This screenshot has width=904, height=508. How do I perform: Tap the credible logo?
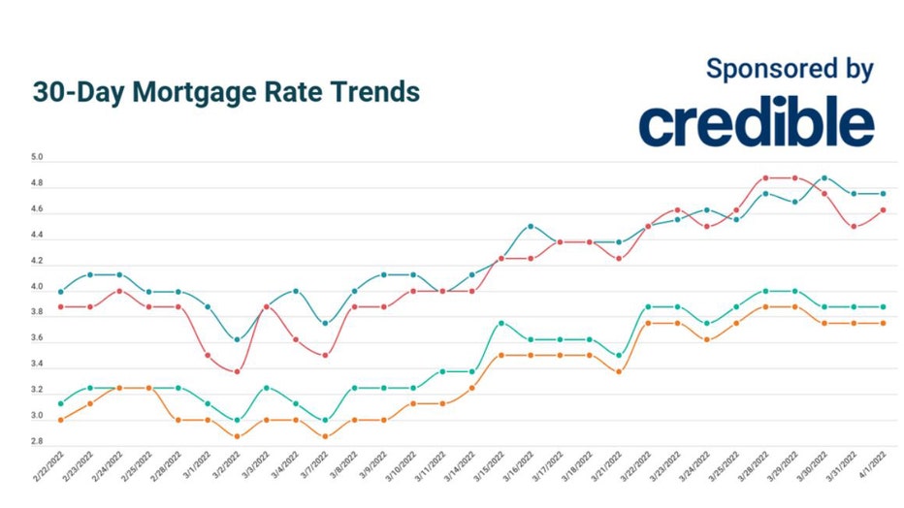tap(757, 123)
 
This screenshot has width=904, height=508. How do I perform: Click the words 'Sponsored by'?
tap(790, 69)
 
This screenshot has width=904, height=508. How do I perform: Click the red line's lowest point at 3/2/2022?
tap(238, 371)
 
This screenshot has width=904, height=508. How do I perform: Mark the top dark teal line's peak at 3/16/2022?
tap(531, 226)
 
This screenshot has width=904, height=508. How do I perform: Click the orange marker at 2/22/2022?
tap(61, 420)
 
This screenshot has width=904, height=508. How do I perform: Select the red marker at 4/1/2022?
tap(883, 209)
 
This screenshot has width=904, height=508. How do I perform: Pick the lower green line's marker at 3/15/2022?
tap(501, 323)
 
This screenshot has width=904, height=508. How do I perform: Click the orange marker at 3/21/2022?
tap(619, 371)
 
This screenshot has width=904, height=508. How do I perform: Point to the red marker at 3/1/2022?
tap(208, 355)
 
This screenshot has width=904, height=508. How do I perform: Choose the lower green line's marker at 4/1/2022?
tap(883, 306)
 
